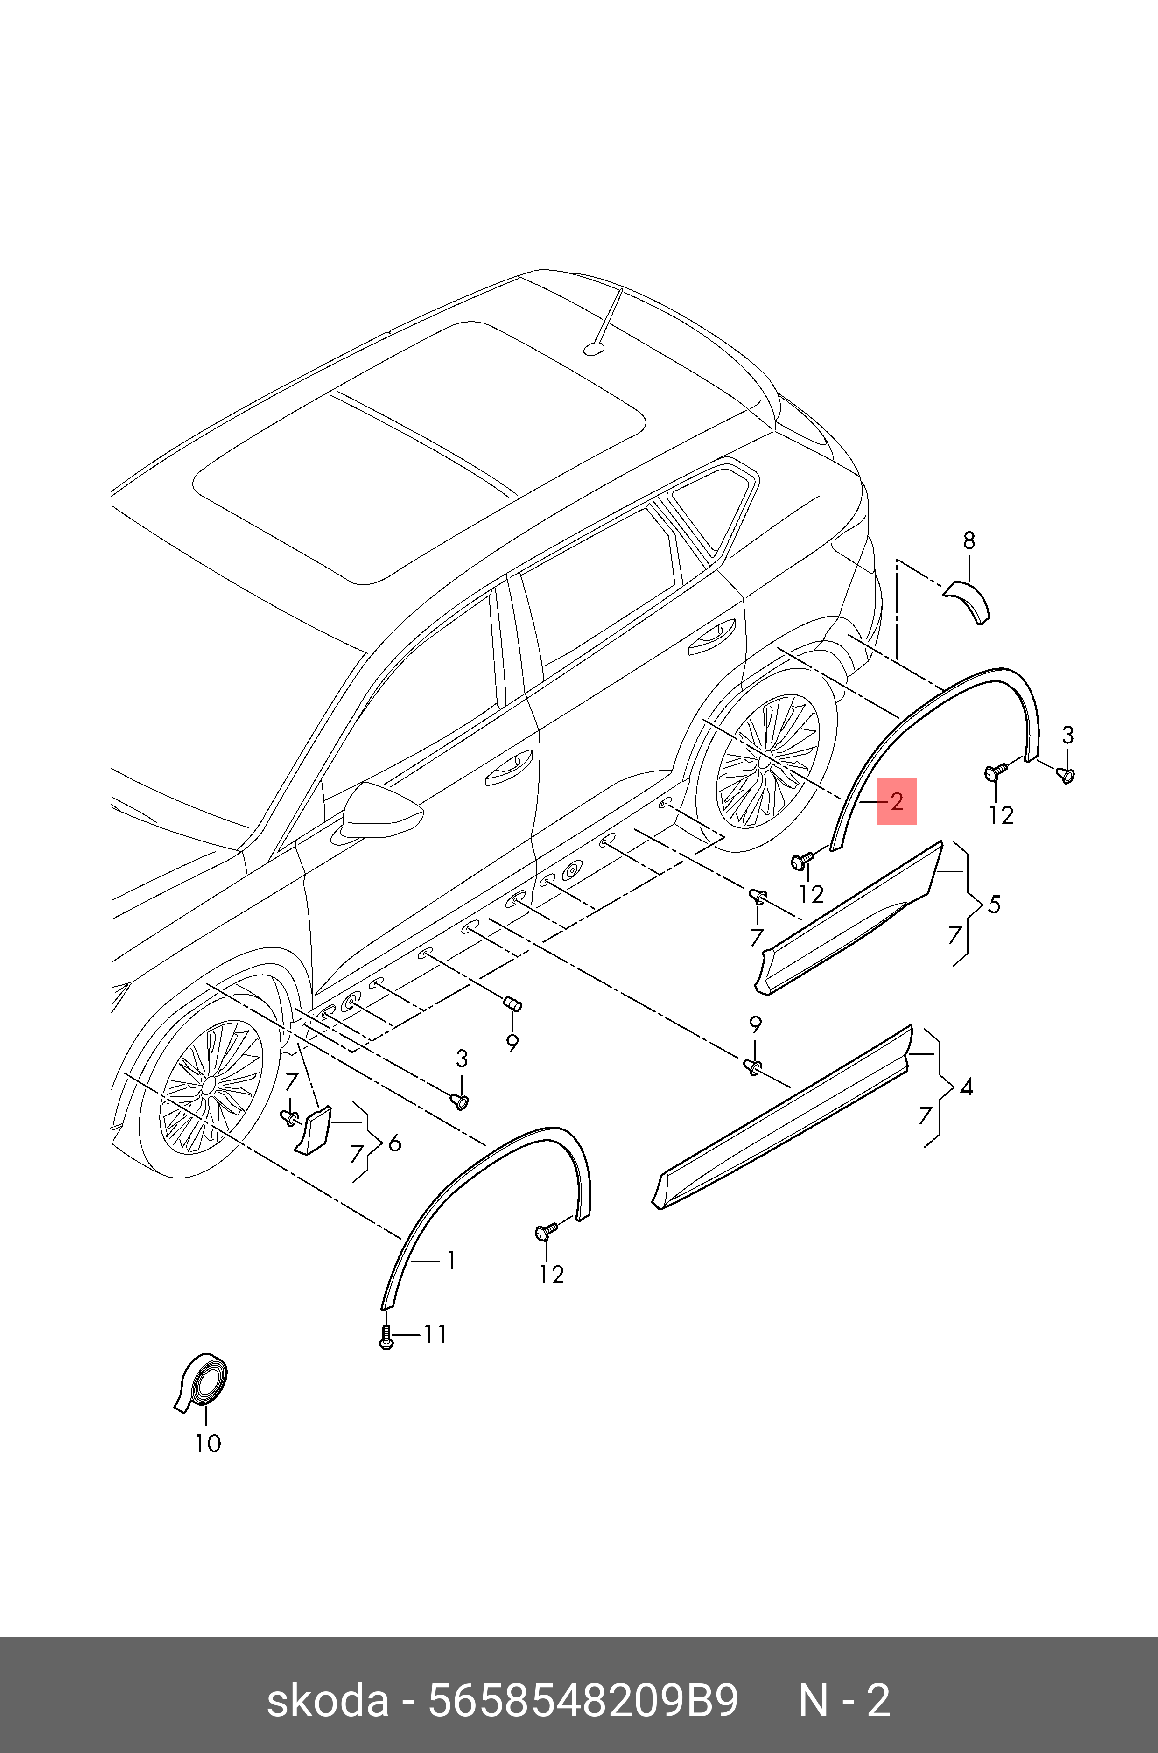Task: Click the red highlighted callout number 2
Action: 897,801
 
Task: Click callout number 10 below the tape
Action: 208,1443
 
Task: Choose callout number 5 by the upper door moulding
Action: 994,904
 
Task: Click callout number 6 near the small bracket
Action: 395,1144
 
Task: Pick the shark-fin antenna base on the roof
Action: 595,347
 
